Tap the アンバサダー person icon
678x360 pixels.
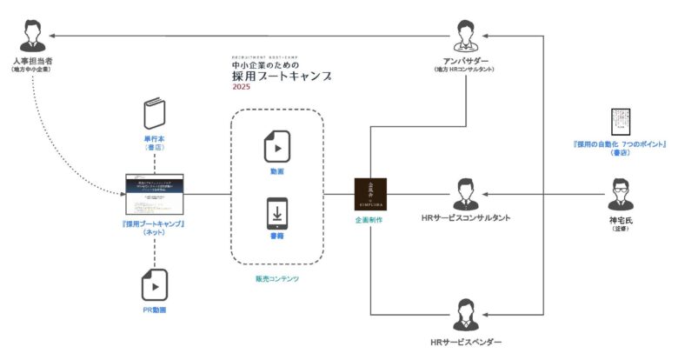click(x=466, y=35)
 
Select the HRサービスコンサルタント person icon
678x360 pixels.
click(x=466, y=192)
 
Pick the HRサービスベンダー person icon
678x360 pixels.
click(x=466, y=315)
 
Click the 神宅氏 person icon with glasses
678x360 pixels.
click(x=621, y=192)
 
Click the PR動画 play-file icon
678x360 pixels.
click(x=156, y=284)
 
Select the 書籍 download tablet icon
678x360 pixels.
click(x=276, y=216)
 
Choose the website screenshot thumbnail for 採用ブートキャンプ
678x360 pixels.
click(x=157, y=193)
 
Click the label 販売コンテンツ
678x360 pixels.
click(x=276, y=278)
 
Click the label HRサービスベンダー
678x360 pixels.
click(x=466, y=343)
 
